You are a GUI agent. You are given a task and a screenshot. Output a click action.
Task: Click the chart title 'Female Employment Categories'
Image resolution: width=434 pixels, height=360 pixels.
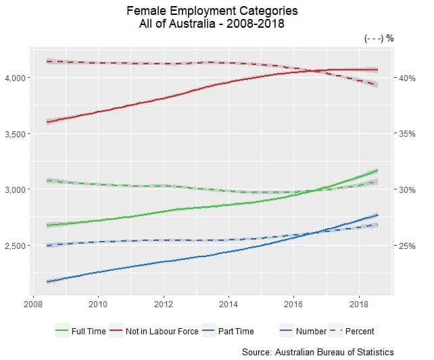click(x=212, y=12)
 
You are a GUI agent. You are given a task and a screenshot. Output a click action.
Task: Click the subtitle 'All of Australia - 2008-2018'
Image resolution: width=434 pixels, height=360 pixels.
click(x=212, y=24)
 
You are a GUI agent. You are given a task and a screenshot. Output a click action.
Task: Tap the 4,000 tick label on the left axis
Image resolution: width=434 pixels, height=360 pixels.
click(x=16, y=78)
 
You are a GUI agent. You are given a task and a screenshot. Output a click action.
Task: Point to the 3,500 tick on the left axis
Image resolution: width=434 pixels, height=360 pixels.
click(x=16, y=134)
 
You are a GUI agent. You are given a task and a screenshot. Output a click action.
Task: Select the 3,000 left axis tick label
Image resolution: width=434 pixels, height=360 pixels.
click(x=16, y=189)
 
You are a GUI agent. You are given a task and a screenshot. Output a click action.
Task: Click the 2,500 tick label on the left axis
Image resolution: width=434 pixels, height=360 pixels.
click(x=16, y=246)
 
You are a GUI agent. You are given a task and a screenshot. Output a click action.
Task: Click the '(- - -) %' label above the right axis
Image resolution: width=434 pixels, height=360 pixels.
click(x=379, y=38)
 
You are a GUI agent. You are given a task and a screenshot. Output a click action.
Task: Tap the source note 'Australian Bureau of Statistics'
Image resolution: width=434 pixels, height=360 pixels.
click(x=318, y=352)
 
